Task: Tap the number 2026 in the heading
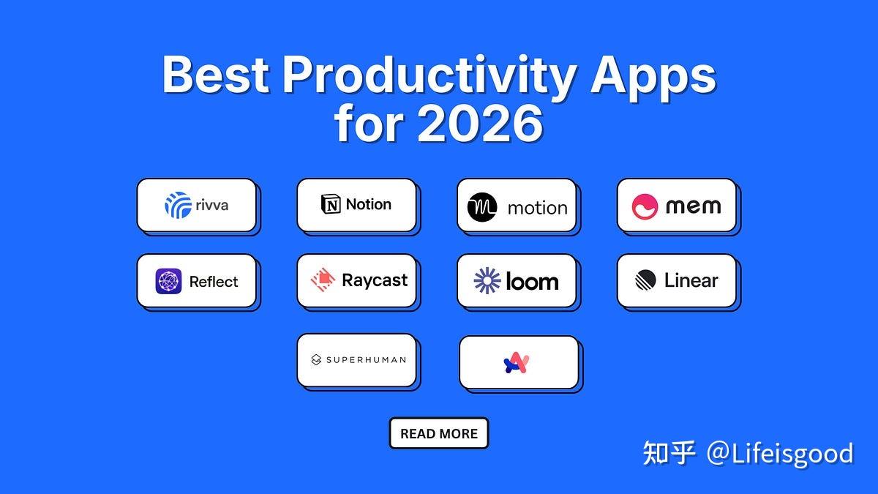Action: tap(480, 124)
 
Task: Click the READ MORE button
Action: tap(439, 433)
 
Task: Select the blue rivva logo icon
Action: tap(179, 205)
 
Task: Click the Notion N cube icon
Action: tap(331, 204)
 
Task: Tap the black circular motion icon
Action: tap(482, 207)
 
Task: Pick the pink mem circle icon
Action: tap(645, 206)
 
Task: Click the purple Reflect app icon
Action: tap(168, 281)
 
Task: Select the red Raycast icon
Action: tap(323, 280)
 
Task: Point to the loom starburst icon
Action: tap(487, 280)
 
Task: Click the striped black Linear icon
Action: tap(645, 280)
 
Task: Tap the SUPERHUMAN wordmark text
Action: tap(366, 360)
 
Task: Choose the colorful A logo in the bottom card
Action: tap(517, 363)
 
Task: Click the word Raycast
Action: tap(375, 281)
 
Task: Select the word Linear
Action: tap(691, 280)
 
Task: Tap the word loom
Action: tap(533, 281)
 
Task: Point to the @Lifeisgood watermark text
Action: tap(780, 454)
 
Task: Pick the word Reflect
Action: tap(214, 282)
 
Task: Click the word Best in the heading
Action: tap(216, 74)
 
